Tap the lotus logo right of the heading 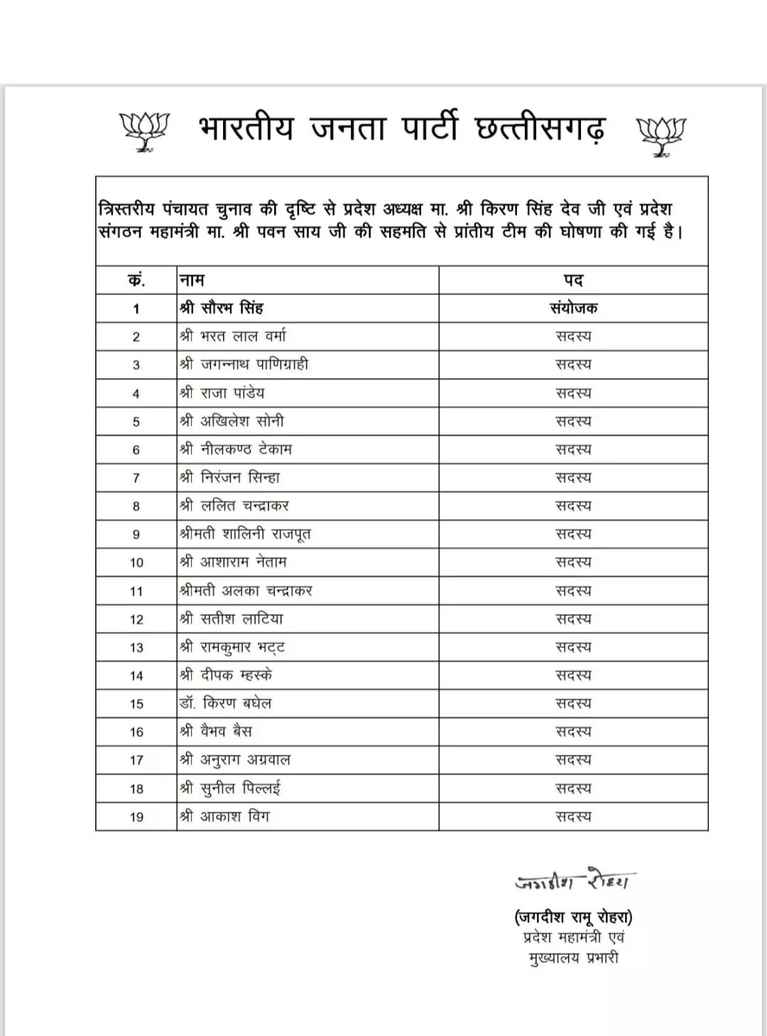point(660,135)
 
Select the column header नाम point(192,280)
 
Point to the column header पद point(573,280)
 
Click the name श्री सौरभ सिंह point(222,308)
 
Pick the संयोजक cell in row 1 point(573,308)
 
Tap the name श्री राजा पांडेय point(222,393)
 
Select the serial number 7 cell point(136,478)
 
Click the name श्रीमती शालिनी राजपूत point(245,534)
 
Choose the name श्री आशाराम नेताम point(233,562)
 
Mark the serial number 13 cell point(136,647)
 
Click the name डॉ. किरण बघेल point(226,703)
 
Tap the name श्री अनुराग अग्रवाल point(235,760)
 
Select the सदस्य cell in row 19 point(573,816)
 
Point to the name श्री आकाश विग point(224,816)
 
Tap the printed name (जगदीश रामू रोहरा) point(574,917)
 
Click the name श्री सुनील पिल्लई point(230,788)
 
